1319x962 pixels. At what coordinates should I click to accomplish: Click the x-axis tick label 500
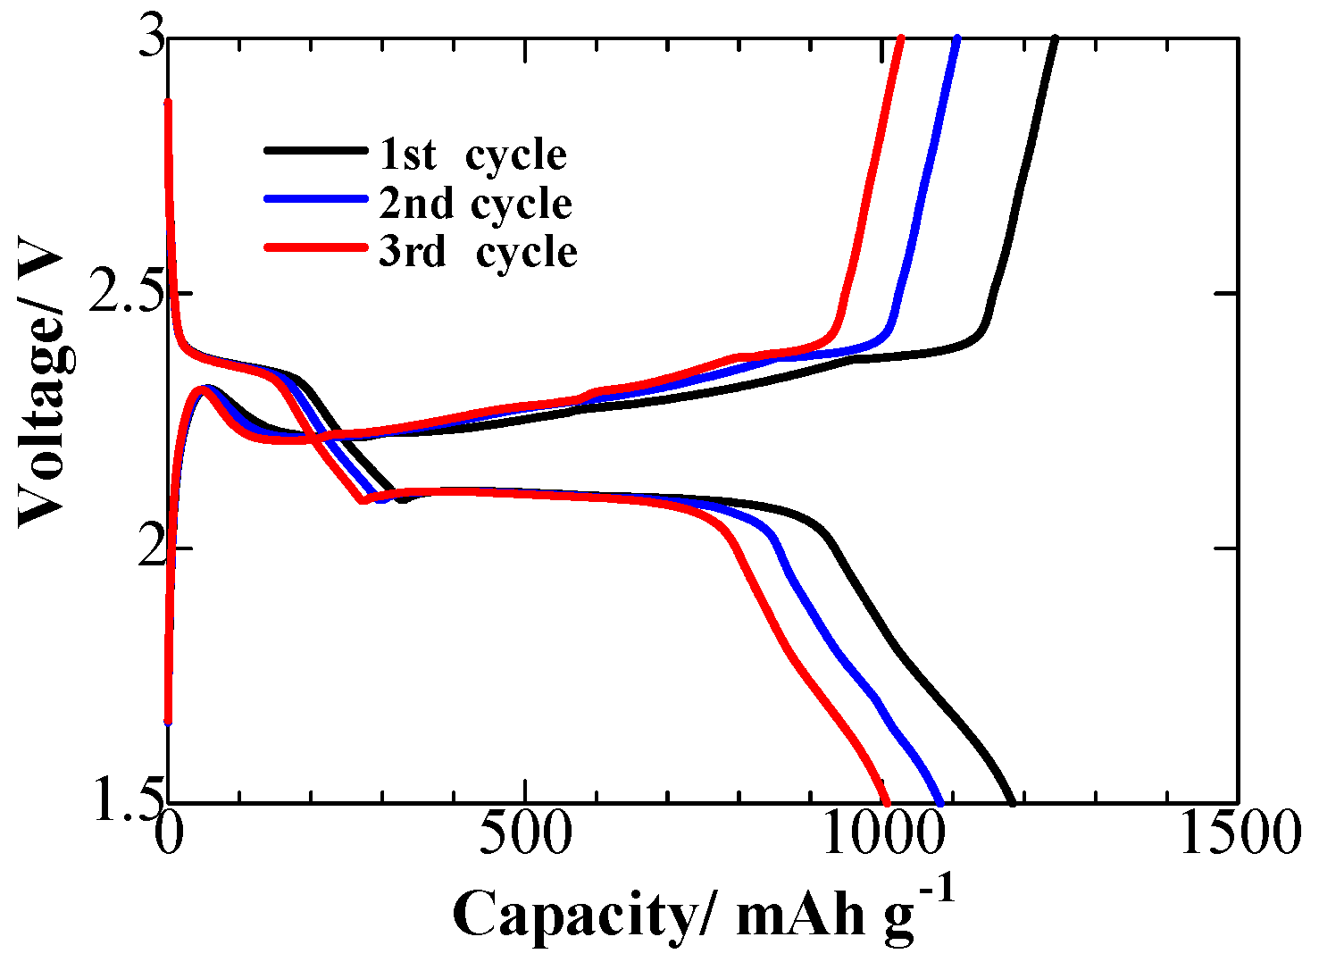[525, 834]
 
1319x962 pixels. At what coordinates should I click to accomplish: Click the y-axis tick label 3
[142, 41]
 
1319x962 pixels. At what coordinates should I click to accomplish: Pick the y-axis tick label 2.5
[120, 295]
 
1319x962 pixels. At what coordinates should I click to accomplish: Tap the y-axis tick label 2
[142, 548]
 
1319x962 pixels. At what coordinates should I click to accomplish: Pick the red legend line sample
[314, 247]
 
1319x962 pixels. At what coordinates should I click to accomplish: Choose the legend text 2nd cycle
[475, 204]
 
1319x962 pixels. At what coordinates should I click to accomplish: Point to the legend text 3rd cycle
[478, 252]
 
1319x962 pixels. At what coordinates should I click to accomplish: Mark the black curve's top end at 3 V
[1056, 39]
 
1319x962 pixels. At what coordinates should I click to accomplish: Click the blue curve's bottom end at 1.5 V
[939, 801]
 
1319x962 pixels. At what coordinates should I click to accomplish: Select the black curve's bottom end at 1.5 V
[1012, 801]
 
